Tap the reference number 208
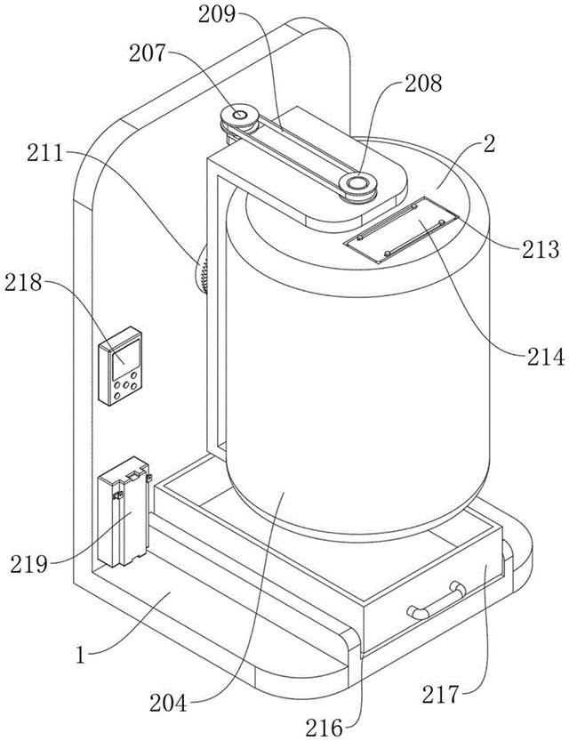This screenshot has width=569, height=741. pyautogui.click(x=421, y=85)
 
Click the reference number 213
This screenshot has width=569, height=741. pyautogui.click(x=541, y=246)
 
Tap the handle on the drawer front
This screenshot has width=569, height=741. pyautogui.click(x=435, y=598)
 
